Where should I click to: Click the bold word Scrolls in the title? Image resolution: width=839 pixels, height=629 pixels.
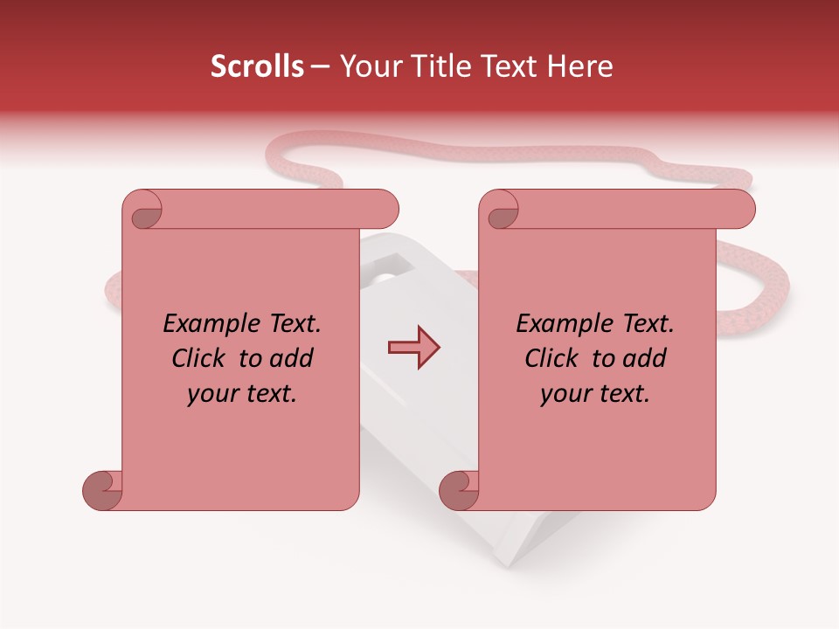click(x=258, y=66)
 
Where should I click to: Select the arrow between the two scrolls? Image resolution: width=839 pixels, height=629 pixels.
click(x=413, y=348)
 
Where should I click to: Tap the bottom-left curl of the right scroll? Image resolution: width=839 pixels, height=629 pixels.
click(x=460, y=490)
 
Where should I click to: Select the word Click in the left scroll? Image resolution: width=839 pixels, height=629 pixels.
click(x=200, y=358)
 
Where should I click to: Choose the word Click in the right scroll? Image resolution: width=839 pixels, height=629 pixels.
click(x=553, y=358)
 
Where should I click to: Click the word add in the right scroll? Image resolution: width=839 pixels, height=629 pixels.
click(x=645, y=358)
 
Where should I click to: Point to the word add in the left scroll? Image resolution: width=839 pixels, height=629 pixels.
click(x=292, y=358)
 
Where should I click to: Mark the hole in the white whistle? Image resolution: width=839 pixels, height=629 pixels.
click(x=382, y=275)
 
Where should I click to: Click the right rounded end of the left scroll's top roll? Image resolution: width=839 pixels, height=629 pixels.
click(x=385, y=210)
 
